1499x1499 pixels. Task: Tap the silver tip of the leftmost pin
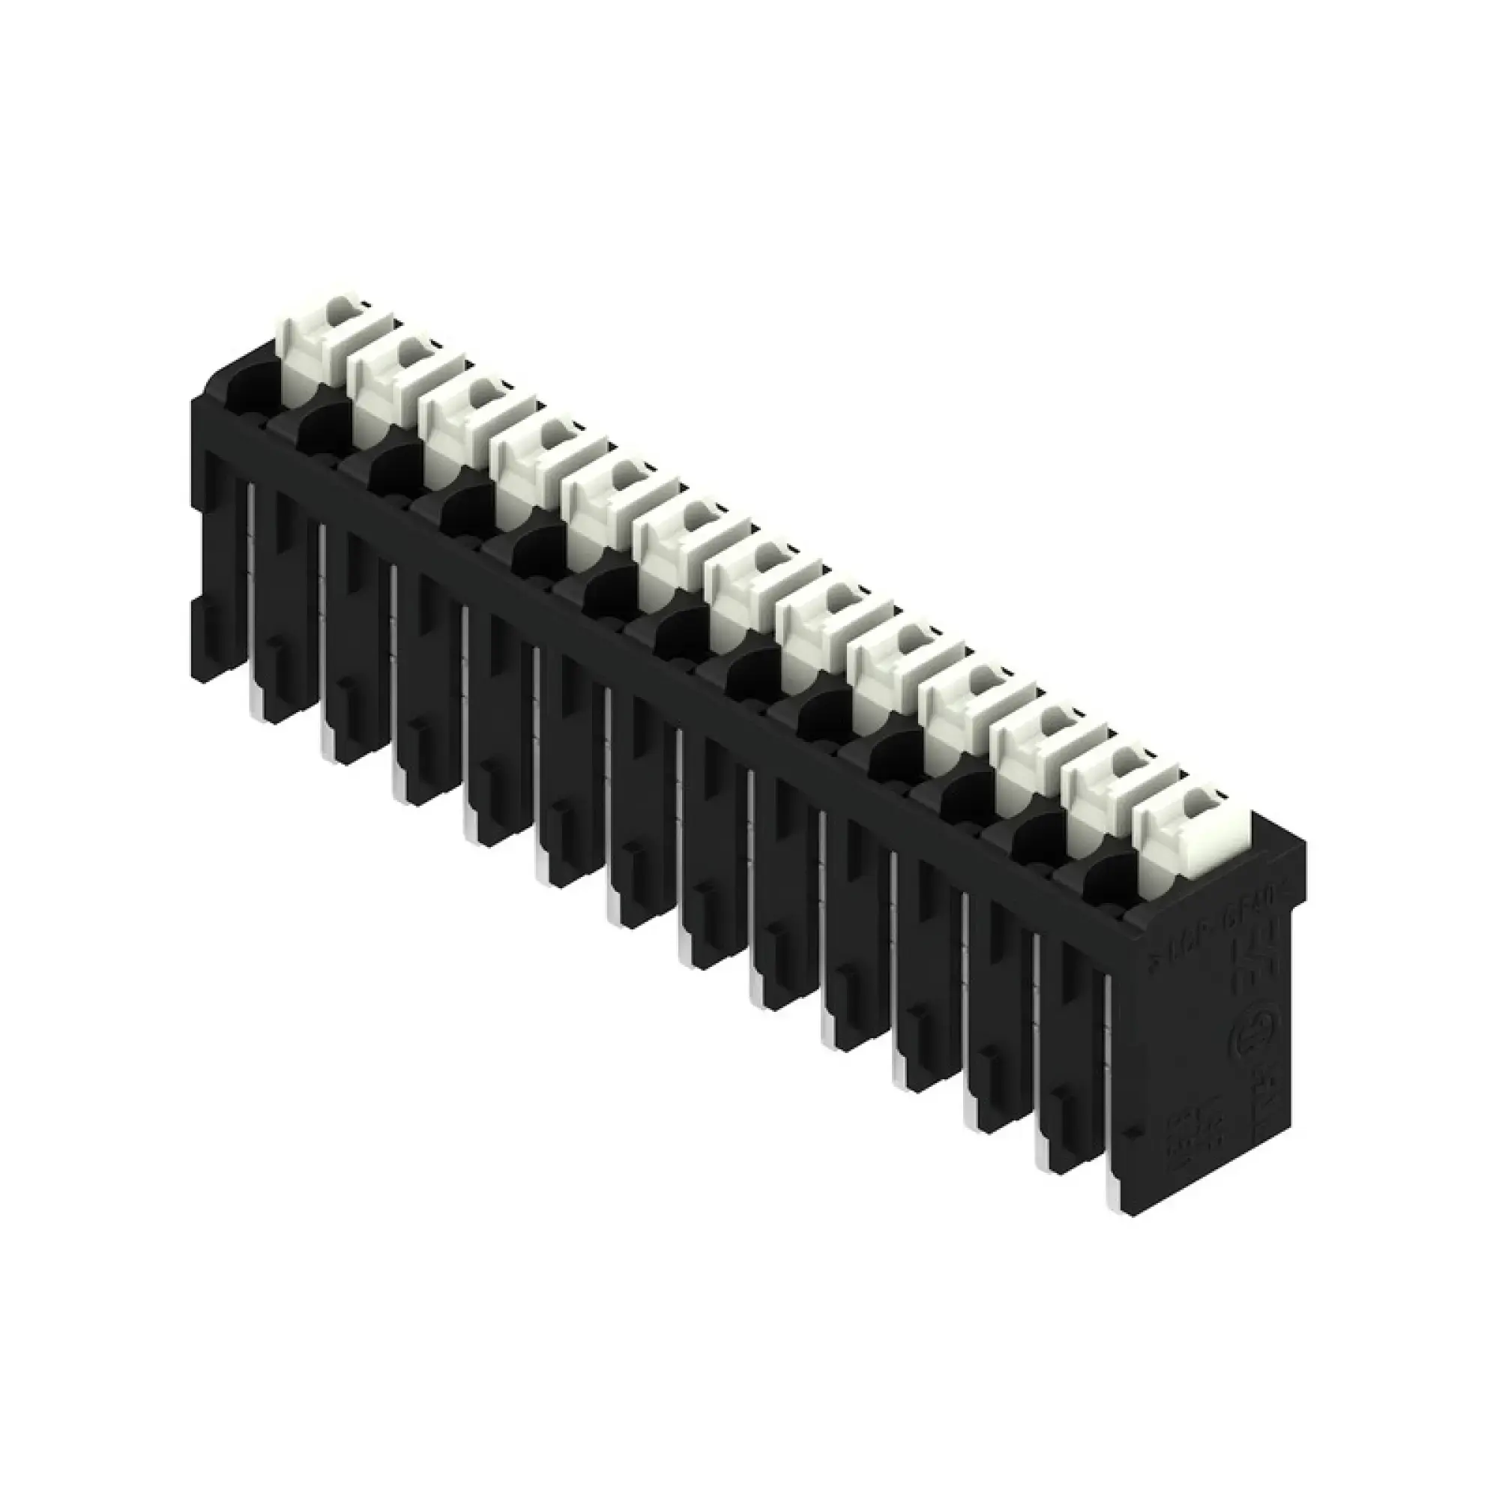tap(256, 702)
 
